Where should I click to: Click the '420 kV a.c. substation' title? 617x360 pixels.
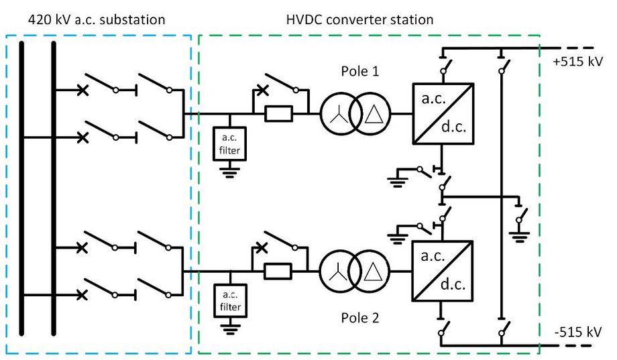pyautogui.click(x=97, y=19)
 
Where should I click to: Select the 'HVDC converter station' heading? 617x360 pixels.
pyautogui.click(x=355, y=19)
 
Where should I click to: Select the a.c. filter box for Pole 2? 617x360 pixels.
pyautogui.click(x=229, y=302)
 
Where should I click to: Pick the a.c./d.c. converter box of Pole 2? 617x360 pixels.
pyautogui.click(x=443, y=272)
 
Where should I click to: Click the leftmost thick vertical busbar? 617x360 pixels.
pyautogui.click(x=21, y=188)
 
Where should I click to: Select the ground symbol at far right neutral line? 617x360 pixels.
pyautogui.click(x=518, y=233)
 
